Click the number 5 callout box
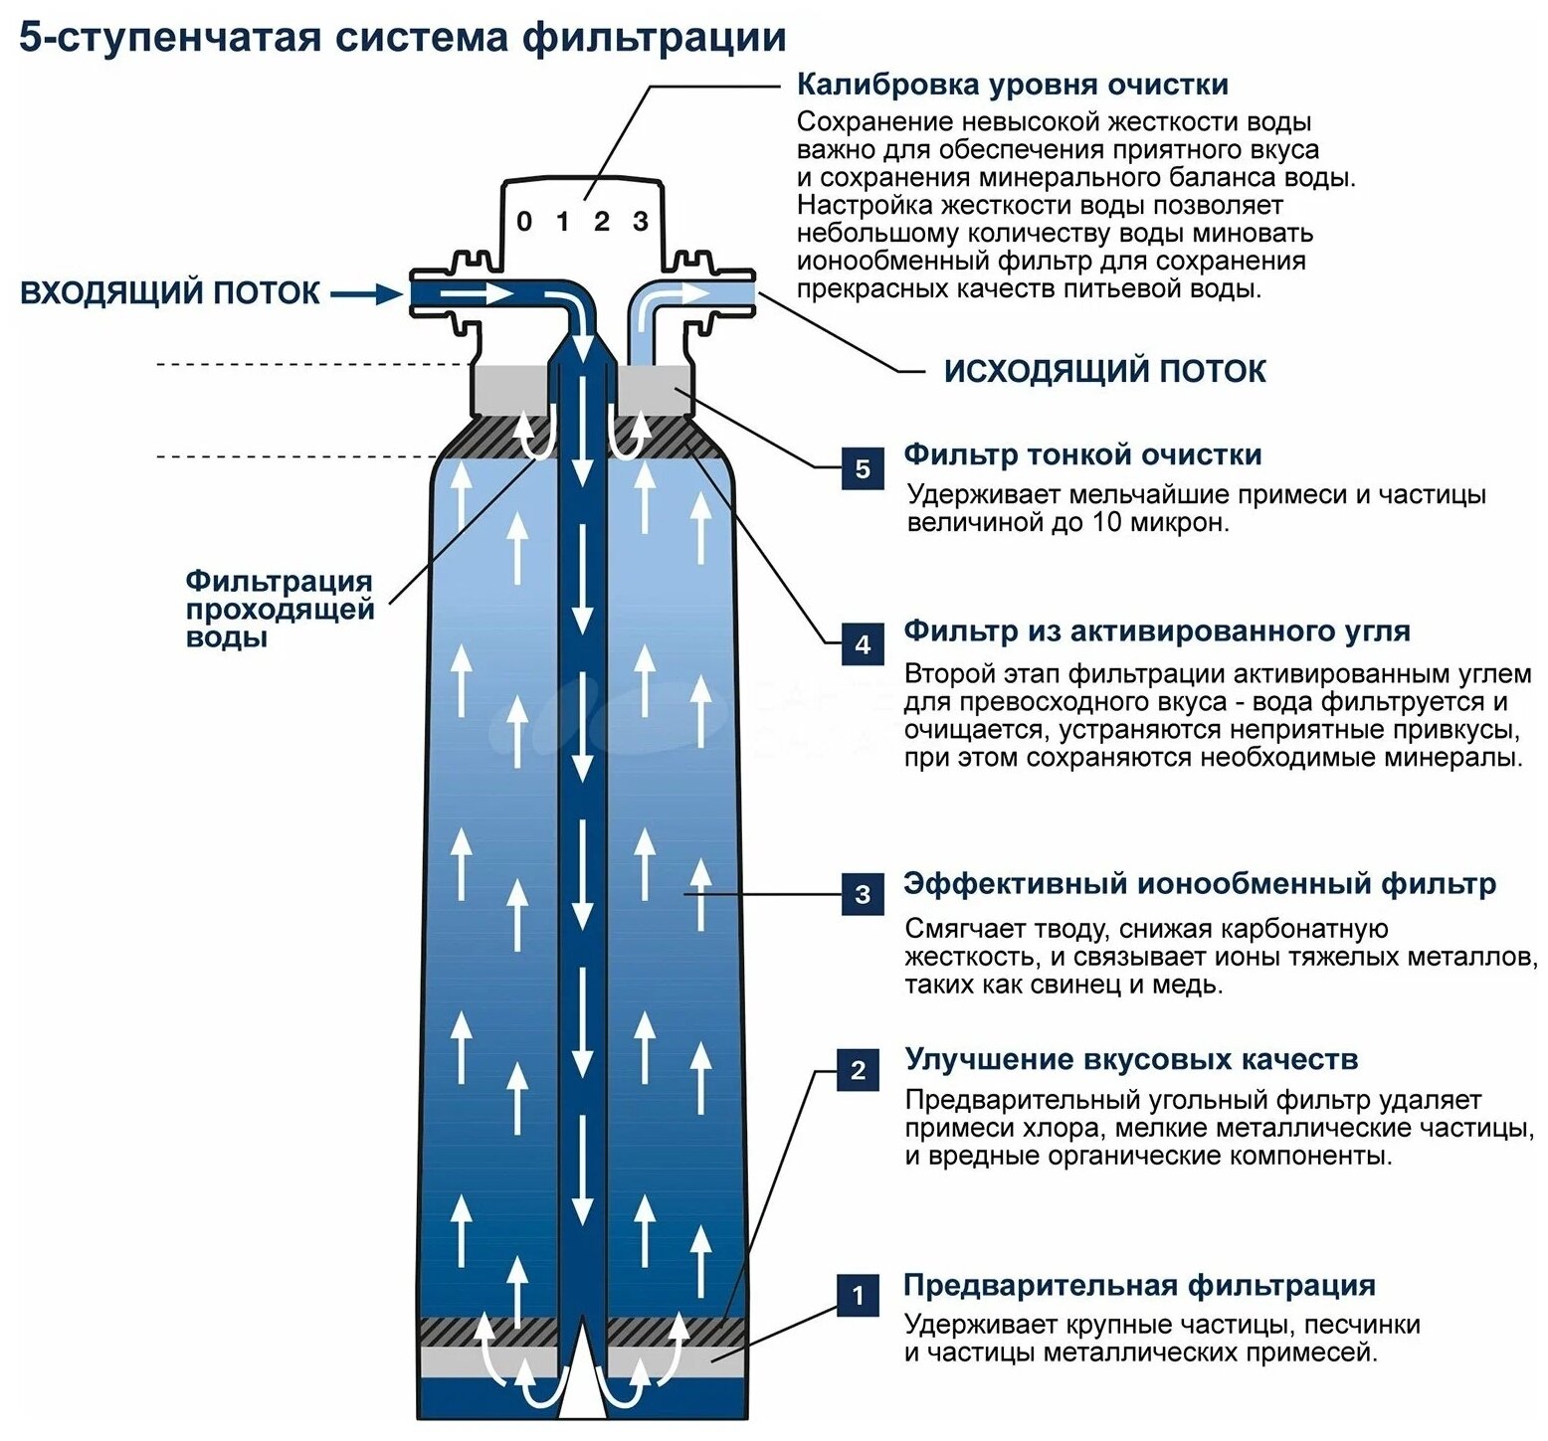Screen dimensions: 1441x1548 pyautogui.click(x=863, y=468)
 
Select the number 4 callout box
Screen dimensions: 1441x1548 pyautogui.click(x=863, y=644)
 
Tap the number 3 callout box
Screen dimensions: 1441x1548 pyautogui.click(x=863, y=894)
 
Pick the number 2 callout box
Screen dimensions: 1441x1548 pyautogui.click(x=858, y=1070)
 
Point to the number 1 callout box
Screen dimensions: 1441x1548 pyautogui.click(x=858, y=1295)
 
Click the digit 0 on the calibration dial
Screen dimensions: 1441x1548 pyautogui.click(x=524, y=222)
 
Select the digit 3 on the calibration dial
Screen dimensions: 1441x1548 pyautogui.click(x=641, y=221)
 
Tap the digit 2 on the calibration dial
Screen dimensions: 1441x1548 pyautogui.click(x=601, y=221)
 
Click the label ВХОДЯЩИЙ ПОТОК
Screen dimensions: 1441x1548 pyautogui.click(x=170, y=293)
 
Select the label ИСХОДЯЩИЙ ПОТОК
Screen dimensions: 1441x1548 pyautogui.click(x=1104, y=372)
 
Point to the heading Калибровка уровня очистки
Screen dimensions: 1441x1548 pyautogui.click(x=1012, y=86)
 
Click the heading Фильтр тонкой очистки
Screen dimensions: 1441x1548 pyautogui.click(x=1082, y=455)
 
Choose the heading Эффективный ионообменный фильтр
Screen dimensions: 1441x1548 pyautogui.click(x=1199, y=884)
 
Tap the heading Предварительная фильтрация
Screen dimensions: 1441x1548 pyautogui.click(x=1139, y=1285)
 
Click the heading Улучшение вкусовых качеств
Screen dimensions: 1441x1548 pyautogui.click(x=1131, y=1059)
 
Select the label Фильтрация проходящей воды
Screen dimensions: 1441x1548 pyautogui.click(x=280, y=609)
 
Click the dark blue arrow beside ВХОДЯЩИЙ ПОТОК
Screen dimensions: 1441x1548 pyautogui.click(x=366, y=293)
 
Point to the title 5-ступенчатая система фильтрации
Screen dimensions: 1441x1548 pyautogui.click(x=403, y=38)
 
